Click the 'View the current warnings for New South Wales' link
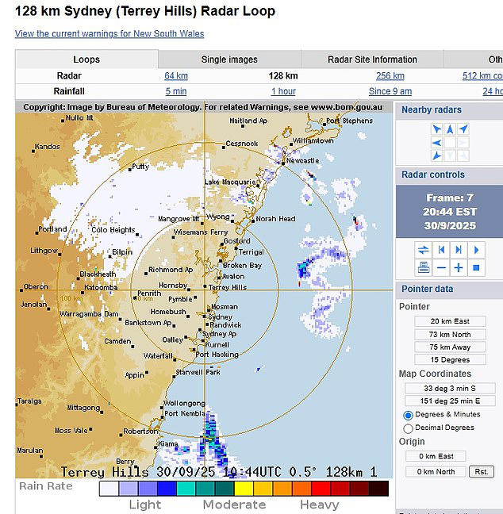pos(109,34)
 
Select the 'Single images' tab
pos(229,59)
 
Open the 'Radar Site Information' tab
pos(372,59)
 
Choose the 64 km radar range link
pos(176,76)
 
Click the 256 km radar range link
pos(390,76)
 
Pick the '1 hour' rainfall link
pos(283,91)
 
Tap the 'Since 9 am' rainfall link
pos(390,91)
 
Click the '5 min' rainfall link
pos(176,91)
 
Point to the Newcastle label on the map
pos(302,160)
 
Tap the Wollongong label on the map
pos(184,403)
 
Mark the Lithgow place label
pos(44,250)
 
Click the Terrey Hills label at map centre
pos(227,287)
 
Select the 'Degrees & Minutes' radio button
pos(409,415)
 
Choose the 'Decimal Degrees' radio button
pos(409,428)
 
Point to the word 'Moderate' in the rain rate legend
pos(234,504)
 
